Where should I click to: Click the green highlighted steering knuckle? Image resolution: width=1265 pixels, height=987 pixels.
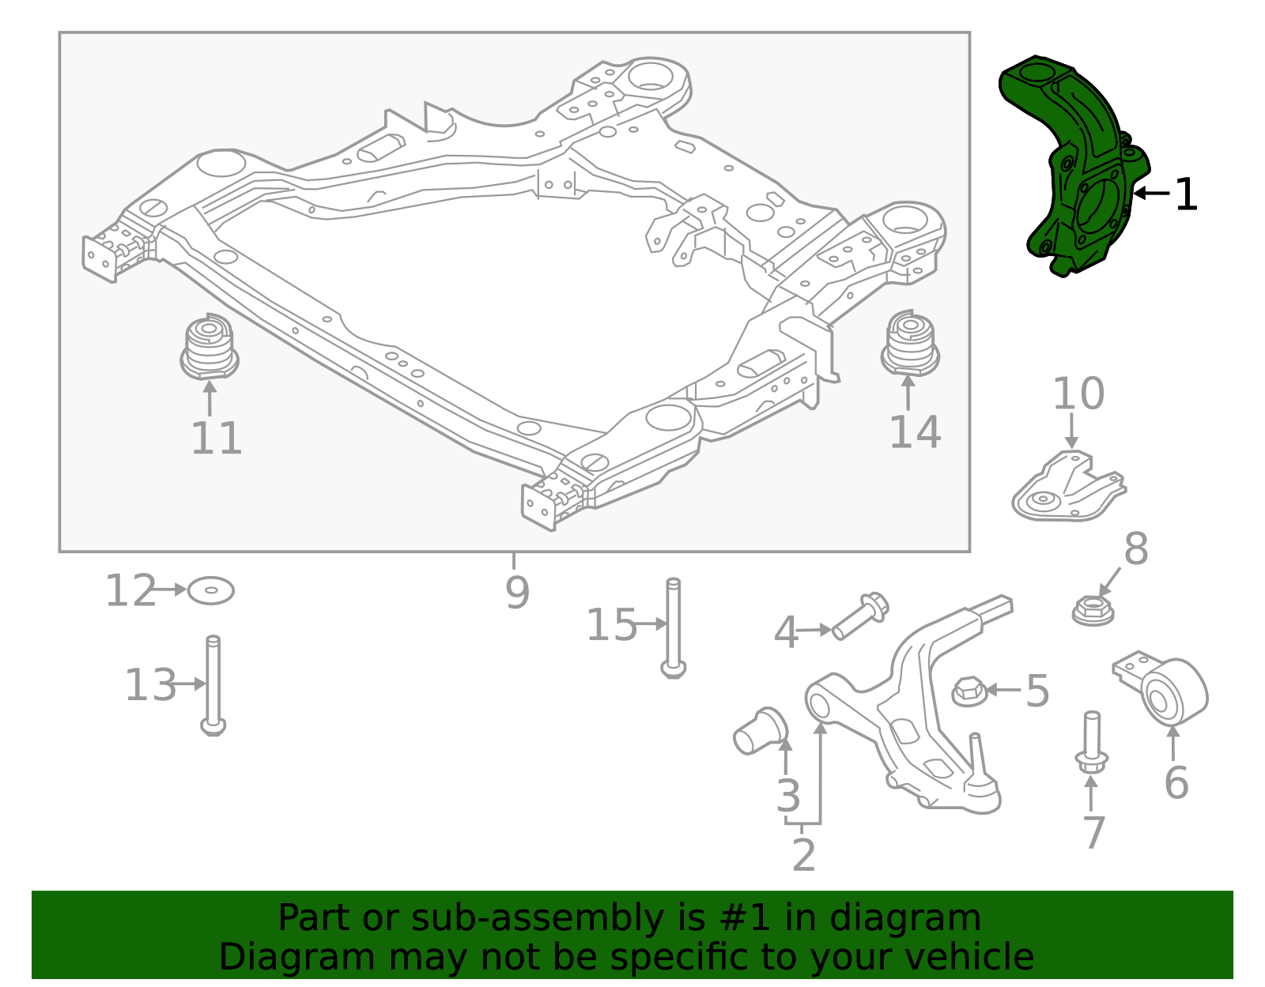click(x=1079, y=170)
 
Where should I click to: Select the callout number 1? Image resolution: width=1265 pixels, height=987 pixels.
click(x=1185, y=194)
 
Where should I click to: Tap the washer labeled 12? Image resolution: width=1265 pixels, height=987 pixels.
click(x=210, y=590)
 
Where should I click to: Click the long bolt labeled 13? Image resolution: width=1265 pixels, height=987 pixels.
click(x=213, y=684)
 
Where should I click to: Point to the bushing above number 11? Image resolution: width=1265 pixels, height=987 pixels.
click(x=209, y=348)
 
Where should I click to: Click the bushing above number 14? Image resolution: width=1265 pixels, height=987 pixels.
click(x=910, y=344)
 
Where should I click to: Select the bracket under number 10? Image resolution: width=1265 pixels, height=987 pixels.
click(x=1067, y=488)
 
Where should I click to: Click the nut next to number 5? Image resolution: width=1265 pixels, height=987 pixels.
click(x=968, y=691)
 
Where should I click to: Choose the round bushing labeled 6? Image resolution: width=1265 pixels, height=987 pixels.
click(x=1176, y=691)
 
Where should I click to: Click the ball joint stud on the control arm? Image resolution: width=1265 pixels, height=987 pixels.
click(x=976, y=759)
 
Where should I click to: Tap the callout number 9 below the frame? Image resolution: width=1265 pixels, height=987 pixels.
click(x=517, y=592)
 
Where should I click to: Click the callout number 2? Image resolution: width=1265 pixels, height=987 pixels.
click(x=803, y=856)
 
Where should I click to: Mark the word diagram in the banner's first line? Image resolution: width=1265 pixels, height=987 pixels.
click(x=922, y=918)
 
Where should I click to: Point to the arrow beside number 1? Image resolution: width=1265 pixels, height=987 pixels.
click(x=1150, y=193)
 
